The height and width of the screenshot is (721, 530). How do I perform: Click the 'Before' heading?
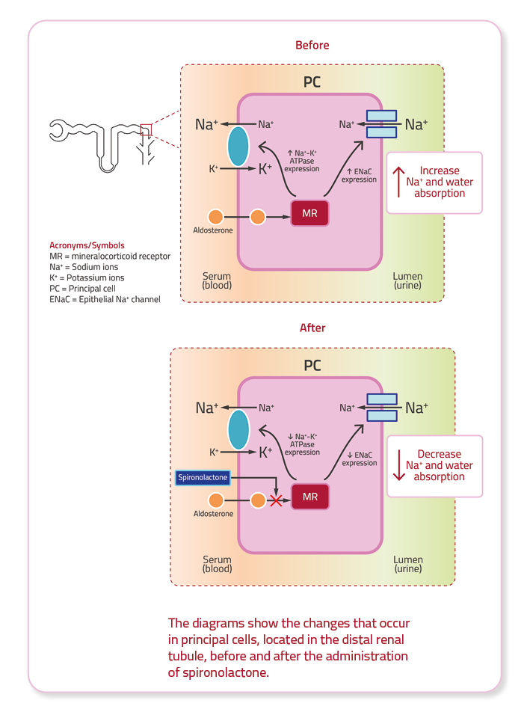point(312,45)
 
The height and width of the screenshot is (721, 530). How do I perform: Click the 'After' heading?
point(312,328)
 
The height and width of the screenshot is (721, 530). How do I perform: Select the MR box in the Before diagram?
point(309,214)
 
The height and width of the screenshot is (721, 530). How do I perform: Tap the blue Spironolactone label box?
point(202,477)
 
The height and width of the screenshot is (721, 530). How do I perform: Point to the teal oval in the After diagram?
point(238,429)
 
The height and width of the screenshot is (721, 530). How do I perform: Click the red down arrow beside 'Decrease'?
point(399,465)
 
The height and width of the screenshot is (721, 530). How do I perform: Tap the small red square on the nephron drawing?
point(146,130)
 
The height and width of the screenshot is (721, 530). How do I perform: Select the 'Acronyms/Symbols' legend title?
point(87,245)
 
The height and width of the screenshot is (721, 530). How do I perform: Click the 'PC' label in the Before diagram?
point(312,82)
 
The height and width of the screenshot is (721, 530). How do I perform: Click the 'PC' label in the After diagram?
point(312,366)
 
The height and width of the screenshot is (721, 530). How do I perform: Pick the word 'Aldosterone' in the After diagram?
point(213,514)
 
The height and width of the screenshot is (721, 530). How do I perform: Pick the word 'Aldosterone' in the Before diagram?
point(213,230)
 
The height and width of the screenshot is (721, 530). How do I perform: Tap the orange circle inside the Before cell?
point(257,217)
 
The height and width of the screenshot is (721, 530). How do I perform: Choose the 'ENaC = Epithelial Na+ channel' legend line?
point(105,300)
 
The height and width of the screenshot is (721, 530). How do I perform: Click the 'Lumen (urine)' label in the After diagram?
point(408,564)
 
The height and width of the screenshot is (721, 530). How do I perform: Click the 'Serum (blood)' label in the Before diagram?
point(217,280)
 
